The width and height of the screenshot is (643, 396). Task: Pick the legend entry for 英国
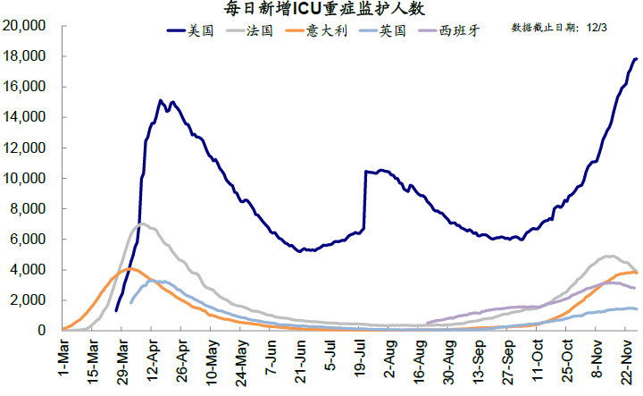pyautogui.click(x=393, y=31)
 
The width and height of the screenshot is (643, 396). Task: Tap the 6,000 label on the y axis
pyautogui.click(x=29, y=239)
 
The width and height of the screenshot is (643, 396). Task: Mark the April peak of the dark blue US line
pyautogui.click(x=161, y=101)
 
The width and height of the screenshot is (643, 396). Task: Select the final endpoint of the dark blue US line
pyautogui.click(x=636, y=59)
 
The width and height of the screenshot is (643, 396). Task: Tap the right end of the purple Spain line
pyautogui.click(x=634, y=288)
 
